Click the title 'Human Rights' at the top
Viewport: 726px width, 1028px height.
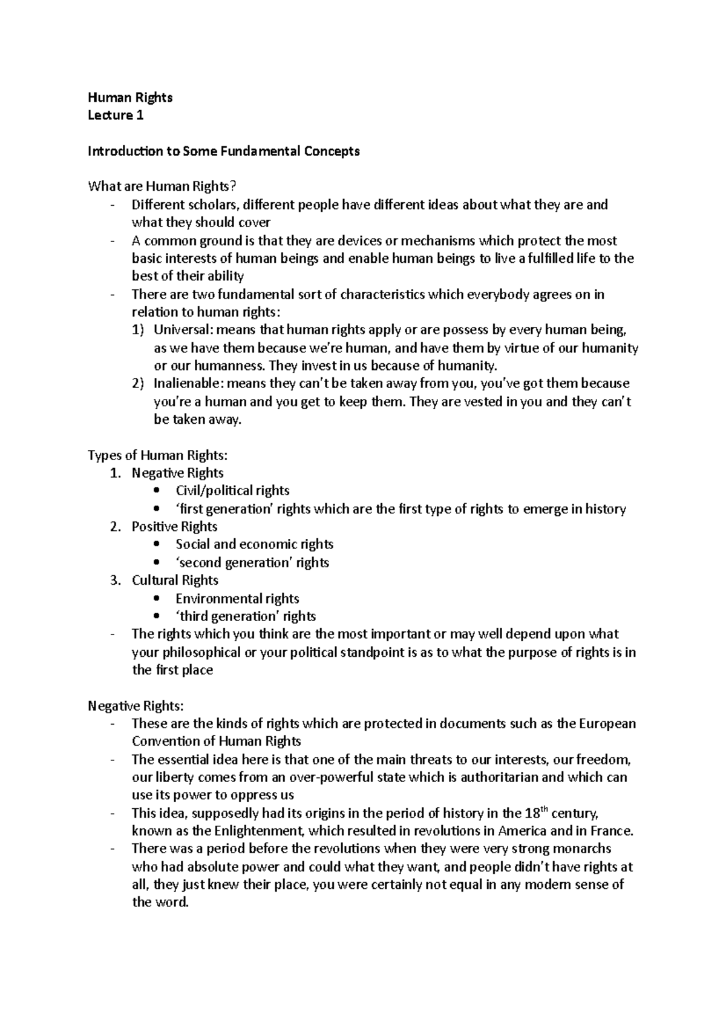130,97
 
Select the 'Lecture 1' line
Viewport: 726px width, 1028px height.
116,116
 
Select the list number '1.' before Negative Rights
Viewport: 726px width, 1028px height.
116,473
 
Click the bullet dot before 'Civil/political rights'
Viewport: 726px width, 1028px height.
157,491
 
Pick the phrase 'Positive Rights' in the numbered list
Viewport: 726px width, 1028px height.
174,527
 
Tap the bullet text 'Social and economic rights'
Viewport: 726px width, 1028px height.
254,544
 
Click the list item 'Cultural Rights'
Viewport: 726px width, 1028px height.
175,580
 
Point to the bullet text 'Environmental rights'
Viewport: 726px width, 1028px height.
237,599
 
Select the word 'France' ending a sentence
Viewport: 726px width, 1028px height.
612,831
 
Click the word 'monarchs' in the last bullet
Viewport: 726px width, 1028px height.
584,849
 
